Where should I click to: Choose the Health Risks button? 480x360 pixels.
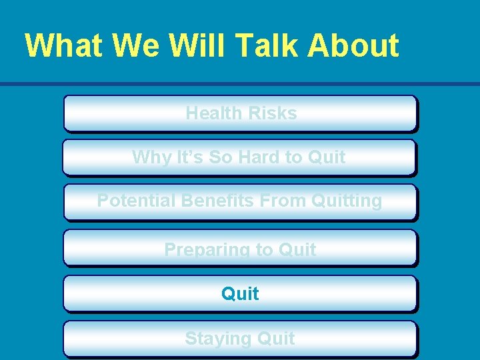[x=240, y=113]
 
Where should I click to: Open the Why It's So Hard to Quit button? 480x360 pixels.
[x=240, y=157]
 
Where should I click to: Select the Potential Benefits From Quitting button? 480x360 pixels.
[x=240, y=201]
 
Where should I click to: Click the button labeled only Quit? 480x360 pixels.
[x=240, y=293]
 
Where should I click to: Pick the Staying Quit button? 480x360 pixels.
[x=240, y=339]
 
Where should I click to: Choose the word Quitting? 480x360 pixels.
[x=348, y=201]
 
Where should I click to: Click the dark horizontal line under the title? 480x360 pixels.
[x=240, y=84]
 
